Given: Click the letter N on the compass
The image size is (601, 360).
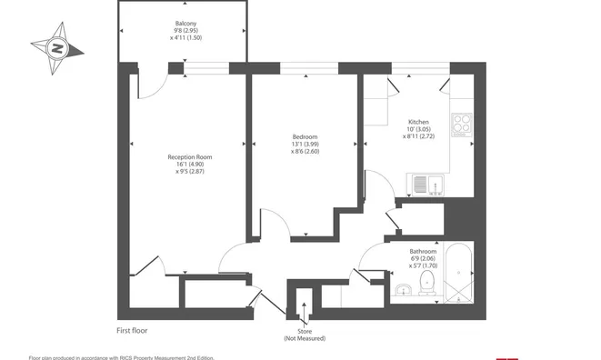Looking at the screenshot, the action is point(57,49).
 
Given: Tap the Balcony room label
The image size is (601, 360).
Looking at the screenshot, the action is point(185,24).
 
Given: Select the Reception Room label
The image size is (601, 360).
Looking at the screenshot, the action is point(190,156).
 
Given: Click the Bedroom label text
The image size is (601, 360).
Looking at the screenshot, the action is point(306,137).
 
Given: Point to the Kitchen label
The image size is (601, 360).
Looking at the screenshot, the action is point(418,122).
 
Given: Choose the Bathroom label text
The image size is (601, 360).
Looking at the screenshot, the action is point(423,252).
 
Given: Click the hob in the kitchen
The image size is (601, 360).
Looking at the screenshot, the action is point(462,125).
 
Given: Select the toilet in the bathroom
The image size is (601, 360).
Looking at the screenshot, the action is point(427,283).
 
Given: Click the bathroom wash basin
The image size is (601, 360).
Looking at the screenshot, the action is point(402,290).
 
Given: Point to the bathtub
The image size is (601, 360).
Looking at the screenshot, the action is point(458,272).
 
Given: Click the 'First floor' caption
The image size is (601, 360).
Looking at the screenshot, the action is point(132,331).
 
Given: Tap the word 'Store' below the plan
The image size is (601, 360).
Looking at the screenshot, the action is point(305,331).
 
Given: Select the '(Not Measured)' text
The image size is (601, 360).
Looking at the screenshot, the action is point(305,338).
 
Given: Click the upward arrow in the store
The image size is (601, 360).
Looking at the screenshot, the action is point(304,313).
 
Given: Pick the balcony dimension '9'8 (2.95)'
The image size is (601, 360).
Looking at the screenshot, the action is point(185,31).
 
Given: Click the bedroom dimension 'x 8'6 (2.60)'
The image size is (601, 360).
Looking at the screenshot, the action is point(306,152).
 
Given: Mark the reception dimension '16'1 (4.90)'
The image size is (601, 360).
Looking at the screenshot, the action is point(190,164).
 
